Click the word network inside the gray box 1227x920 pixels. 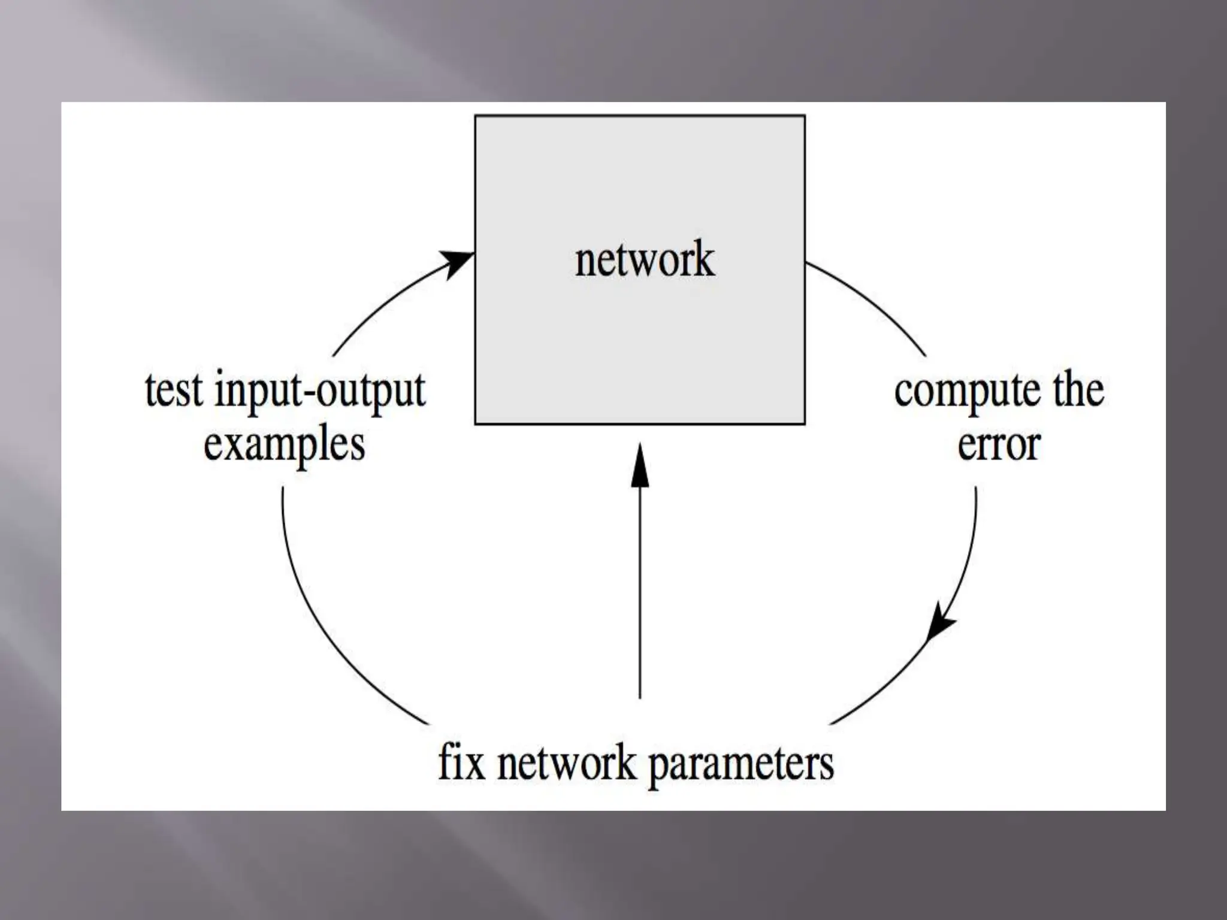pos(645,260)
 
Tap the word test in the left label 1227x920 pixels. pos(174,391)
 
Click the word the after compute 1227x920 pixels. pos(1078,391)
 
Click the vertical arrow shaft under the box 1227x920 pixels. pos(640,599)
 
